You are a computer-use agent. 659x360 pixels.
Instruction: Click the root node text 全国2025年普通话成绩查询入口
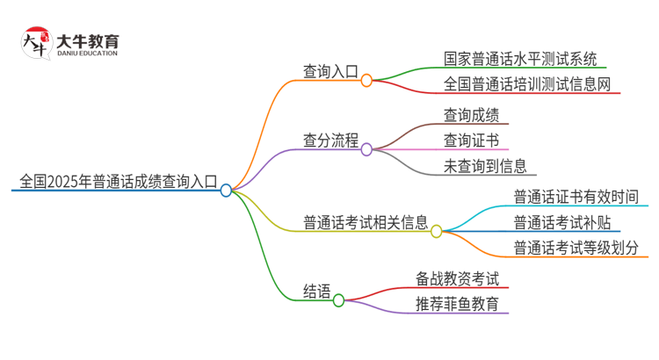[x=114, y=183]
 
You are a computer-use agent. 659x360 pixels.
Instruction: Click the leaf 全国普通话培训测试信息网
[x=521, y=85]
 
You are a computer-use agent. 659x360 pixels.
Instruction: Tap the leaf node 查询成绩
[x=471, y=115]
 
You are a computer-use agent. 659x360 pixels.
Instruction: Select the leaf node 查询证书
[x=471, y=140]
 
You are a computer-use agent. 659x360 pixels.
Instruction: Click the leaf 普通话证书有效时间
[x=576, y=197]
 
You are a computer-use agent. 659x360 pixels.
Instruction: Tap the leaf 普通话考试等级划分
[x=576, y=247]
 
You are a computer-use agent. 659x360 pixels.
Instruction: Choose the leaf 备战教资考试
[x=458, y=279]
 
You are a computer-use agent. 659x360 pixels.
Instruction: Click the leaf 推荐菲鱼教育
[x=458, y=305]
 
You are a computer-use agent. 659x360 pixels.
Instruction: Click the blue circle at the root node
[x=226, y=190]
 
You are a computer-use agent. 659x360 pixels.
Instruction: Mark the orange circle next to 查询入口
[x=366, y=79]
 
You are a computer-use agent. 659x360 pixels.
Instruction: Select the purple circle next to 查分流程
[x=366, y=149]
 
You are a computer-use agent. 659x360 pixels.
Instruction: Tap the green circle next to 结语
[x=338, y=300]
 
